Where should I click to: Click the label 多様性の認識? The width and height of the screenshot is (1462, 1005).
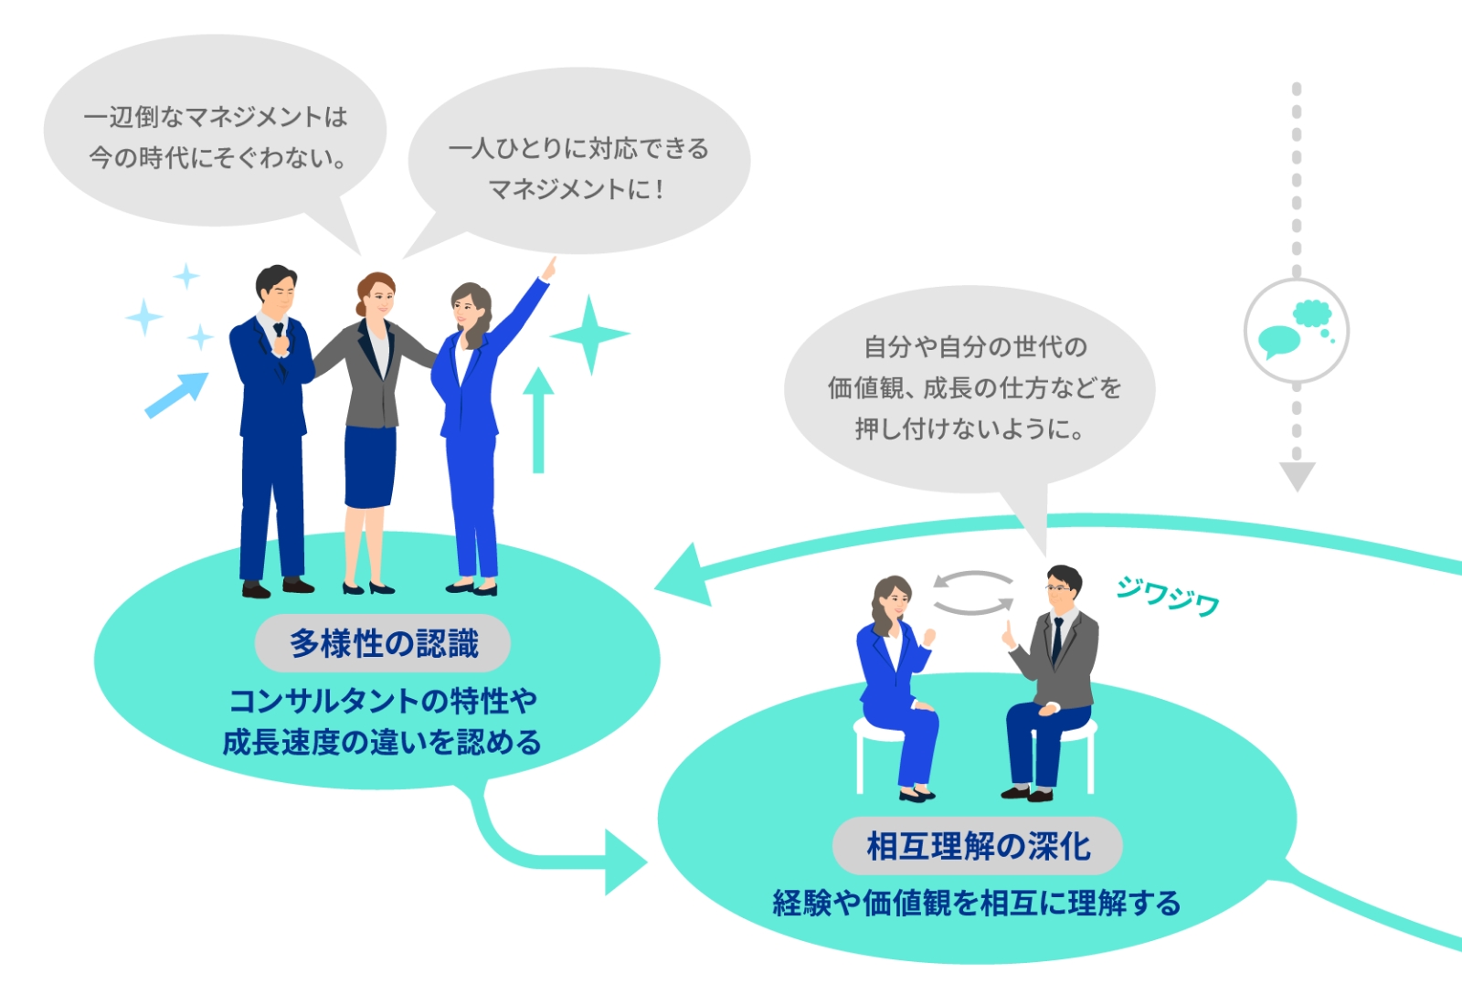coord(383,643)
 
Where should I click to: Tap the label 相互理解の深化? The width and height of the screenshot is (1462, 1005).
coord(978,846)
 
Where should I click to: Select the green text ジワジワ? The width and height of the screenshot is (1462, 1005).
coord(1168,595)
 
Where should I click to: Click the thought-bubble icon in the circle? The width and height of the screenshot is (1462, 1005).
coord(1296,330)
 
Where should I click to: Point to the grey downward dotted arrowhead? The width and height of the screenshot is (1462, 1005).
coord(1297,476)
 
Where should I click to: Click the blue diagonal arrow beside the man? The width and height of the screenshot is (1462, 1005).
coord(176,395)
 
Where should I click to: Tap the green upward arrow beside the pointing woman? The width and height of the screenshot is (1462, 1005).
coord(538,419)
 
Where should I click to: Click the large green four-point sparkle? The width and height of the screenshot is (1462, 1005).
coord(589,334)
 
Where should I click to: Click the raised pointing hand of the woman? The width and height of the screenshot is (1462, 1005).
coord(549,269)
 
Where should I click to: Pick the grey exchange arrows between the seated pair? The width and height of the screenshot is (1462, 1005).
coord(973,593)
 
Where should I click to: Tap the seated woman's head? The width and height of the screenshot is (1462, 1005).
coord(893,598)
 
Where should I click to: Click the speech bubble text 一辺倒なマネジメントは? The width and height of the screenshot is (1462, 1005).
coord(216,117)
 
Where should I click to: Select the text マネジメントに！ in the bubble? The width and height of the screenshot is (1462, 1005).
coord(577,189)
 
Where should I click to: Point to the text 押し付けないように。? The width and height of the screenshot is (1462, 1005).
coord(969,428)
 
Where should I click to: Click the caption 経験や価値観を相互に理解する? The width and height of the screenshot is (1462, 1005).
coord(977,904)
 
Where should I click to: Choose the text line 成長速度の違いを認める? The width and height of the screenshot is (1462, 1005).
coord(382,742)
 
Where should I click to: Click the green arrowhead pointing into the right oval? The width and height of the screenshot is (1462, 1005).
coord(627,862)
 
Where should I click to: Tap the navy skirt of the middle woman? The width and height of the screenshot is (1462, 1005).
coord(370,466)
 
